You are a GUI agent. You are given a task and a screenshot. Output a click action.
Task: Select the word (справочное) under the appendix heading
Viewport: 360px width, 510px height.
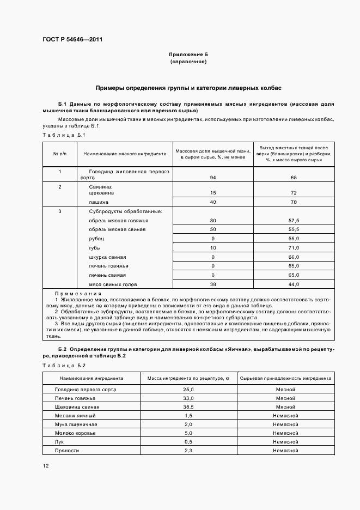[x=188, y=62]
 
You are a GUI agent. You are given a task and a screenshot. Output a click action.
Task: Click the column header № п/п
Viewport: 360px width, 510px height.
[x=60, y=154]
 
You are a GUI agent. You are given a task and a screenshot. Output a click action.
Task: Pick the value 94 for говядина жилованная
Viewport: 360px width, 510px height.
[x=212, y=178]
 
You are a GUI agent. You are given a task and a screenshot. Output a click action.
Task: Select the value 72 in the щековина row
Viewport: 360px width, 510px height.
[x=294, y=193]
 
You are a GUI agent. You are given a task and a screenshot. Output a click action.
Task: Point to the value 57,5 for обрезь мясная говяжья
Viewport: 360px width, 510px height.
[x=294, y=221]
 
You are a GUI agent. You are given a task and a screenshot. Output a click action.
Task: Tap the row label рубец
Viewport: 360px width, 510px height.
[x=96, y=239]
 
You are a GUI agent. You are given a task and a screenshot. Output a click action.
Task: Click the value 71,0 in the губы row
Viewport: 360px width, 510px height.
[x=294, y=248]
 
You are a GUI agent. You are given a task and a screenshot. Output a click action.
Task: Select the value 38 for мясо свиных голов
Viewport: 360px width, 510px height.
[x=212, y=284]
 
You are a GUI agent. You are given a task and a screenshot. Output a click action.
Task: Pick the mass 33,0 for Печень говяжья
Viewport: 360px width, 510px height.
[x=188, y=398]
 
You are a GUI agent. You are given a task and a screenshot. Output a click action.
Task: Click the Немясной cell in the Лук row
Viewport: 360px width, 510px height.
[x=285, y=442]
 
